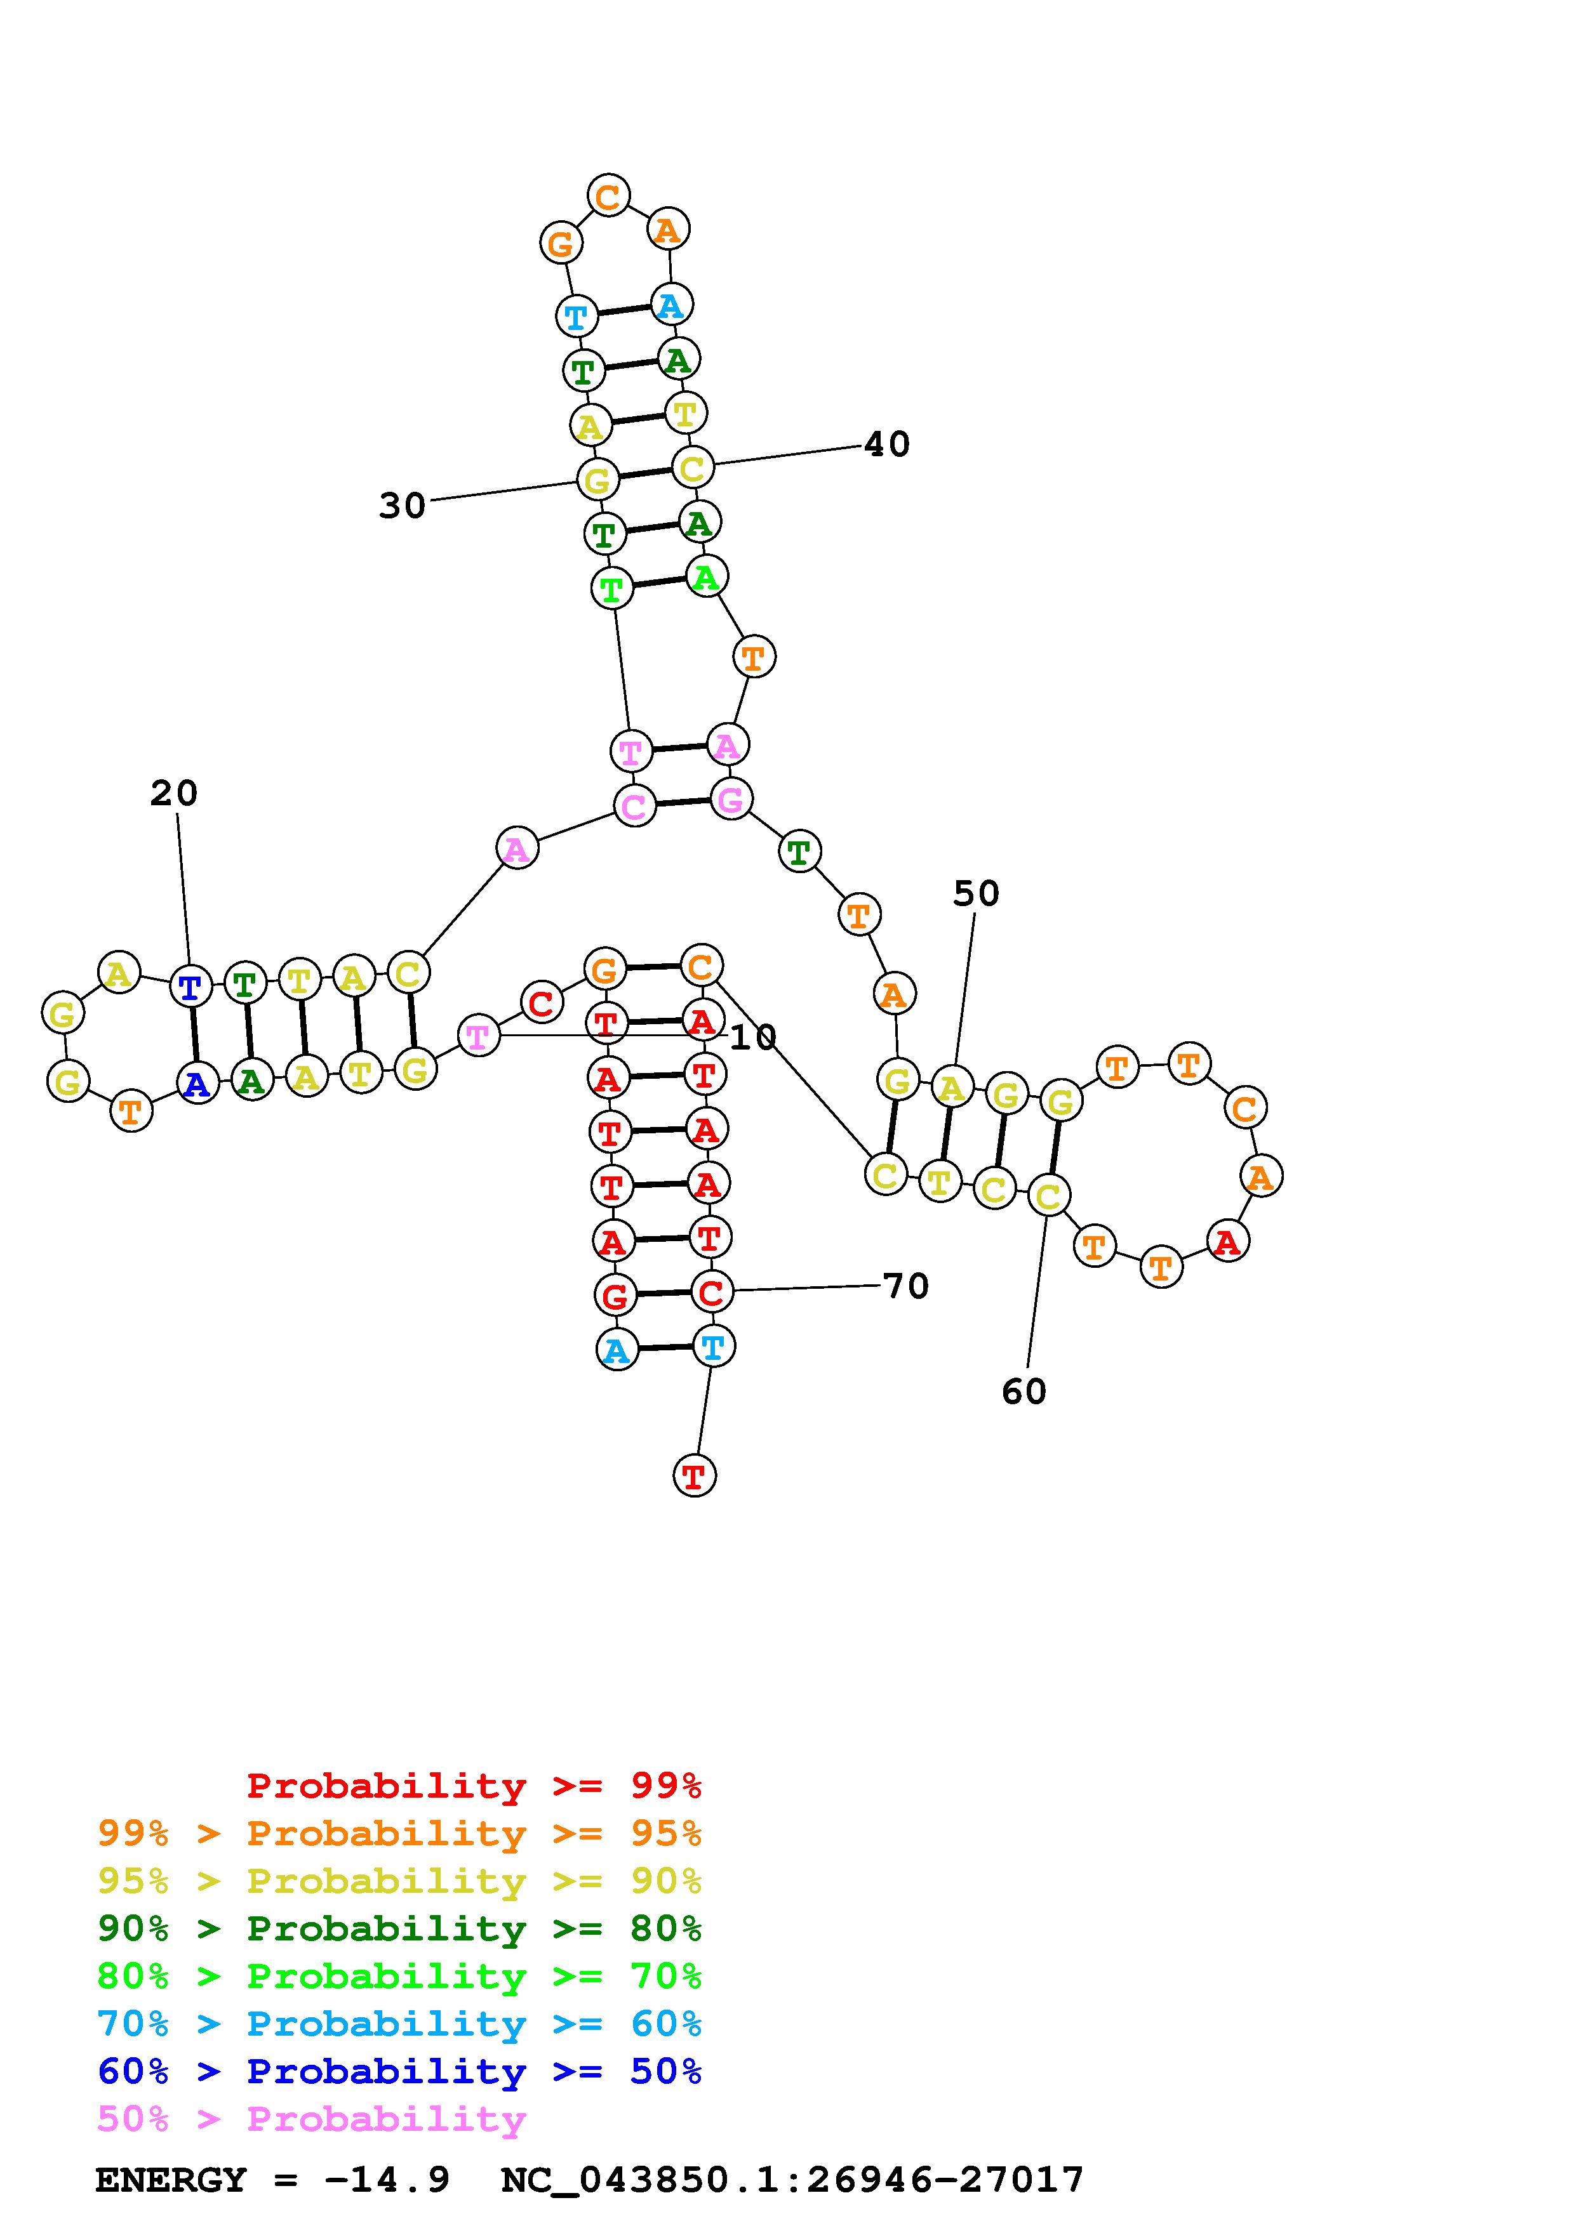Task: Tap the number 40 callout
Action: tap(886, 445)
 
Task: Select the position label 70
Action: tap(906, 1286)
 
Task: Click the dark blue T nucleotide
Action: tap(191, 987)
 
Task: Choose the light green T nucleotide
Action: tap(611, 588)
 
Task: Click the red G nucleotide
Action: tap(615, 1295)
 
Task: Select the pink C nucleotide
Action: tap(634, 807)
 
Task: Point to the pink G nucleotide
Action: tap(730, 800)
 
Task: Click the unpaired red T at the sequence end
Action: tap(693, 1477)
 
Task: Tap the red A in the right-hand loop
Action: tap(1228, 1242)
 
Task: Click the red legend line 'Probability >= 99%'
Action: tap(474, 1786)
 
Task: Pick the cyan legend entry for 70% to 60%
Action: tap(399, 2024)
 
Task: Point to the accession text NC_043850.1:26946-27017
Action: tap(792, 2180)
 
